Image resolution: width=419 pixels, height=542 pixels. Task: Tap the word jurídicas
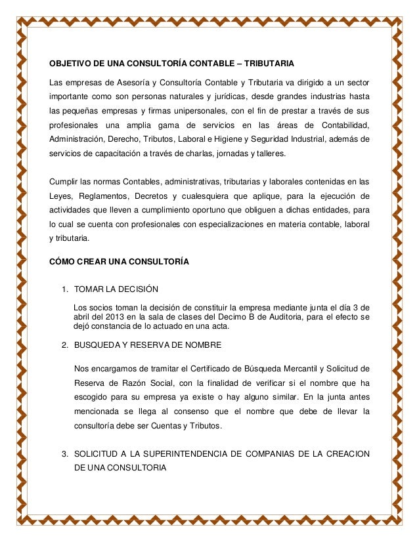(x=227, y=96)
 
